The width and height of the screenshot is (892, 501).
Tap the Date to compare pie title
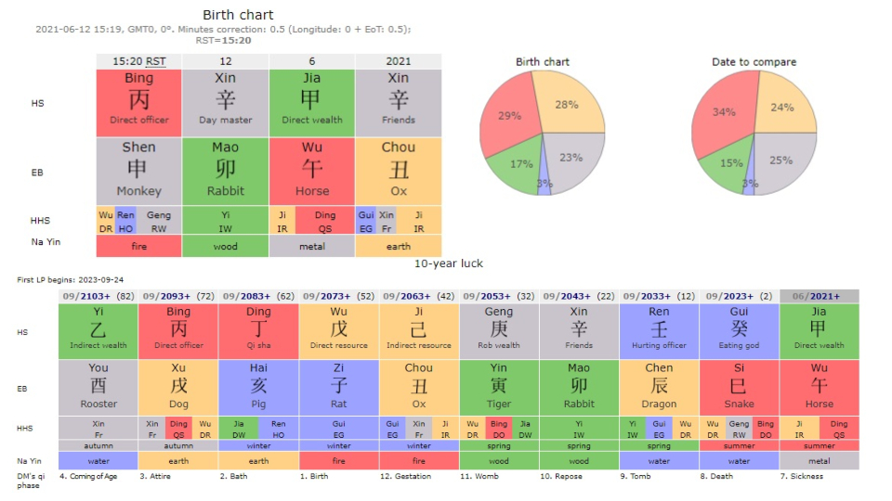(x=754, y=62)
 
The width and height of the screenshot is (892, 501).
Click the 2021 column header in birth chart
(x=398, y=61)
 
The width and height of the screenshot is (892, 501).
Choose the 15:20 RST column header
(x=138, y=61)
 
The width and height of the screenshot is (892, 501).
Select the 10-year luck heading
(x=448, y=263)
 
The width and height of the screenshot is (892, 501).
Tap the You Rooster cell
(x=98, y=387)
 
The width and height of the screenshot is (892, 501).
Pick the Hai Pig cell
(x=258, y=387)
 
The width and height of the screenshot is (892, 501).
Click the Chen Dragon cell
(x=659, y=387)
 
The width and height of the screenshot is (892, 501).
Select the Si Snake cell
(x=739, y=387)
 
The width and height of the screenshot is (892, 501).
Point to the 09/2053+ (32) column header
(x=499, y=296)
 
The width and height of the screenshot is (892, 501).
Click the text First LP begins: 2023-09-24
(x=71, y=279)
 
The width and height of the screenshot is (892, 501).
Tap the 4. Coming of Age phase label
(x=89, y=477)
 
